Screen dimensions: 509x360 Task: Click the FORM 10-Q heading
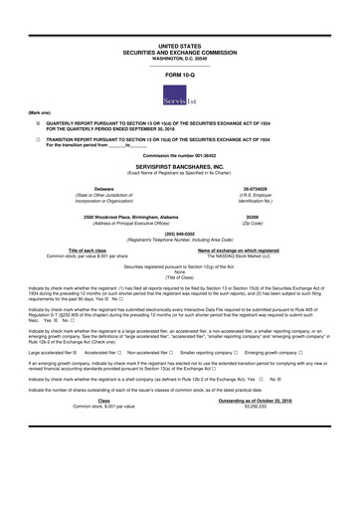point(179,76)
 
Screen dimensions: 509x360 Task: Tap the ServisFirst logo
point(180,96)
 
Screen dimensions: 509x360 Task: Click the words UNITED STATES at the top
point(179,46)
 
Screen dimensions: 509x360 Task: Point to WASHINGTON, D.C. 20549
point(179,58)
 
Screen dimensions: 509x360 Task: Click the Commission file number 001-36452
point(179,157)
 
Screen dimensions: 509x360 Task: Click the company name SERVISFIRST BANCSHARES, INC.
point(179,167)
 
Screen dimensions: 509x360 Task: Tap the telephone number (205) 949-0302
point(179,235)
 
